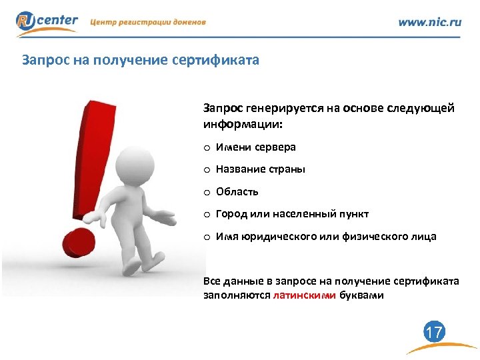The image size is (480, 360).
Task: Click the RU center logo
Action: (x=47, y=22)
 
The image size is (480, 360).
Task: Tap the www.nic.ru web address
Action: (x=429, y=22)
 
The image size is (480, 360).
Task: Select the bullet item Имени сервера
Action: (x=255, y=147)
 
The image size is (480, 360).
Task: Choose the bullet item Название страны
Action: (x=260, y=169)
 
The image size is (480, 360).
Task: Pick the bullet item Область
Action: (x=237, y=192)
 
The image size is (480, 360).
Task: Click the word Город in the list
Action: (x=230, y=214)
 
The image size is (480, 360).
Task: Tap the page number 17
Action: (x=434, y=332)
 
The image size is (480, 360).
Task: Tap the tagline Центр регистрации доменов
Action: (x=148, y=22)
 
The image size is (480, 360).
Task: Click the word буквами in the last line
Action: (x=361, y=295)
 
